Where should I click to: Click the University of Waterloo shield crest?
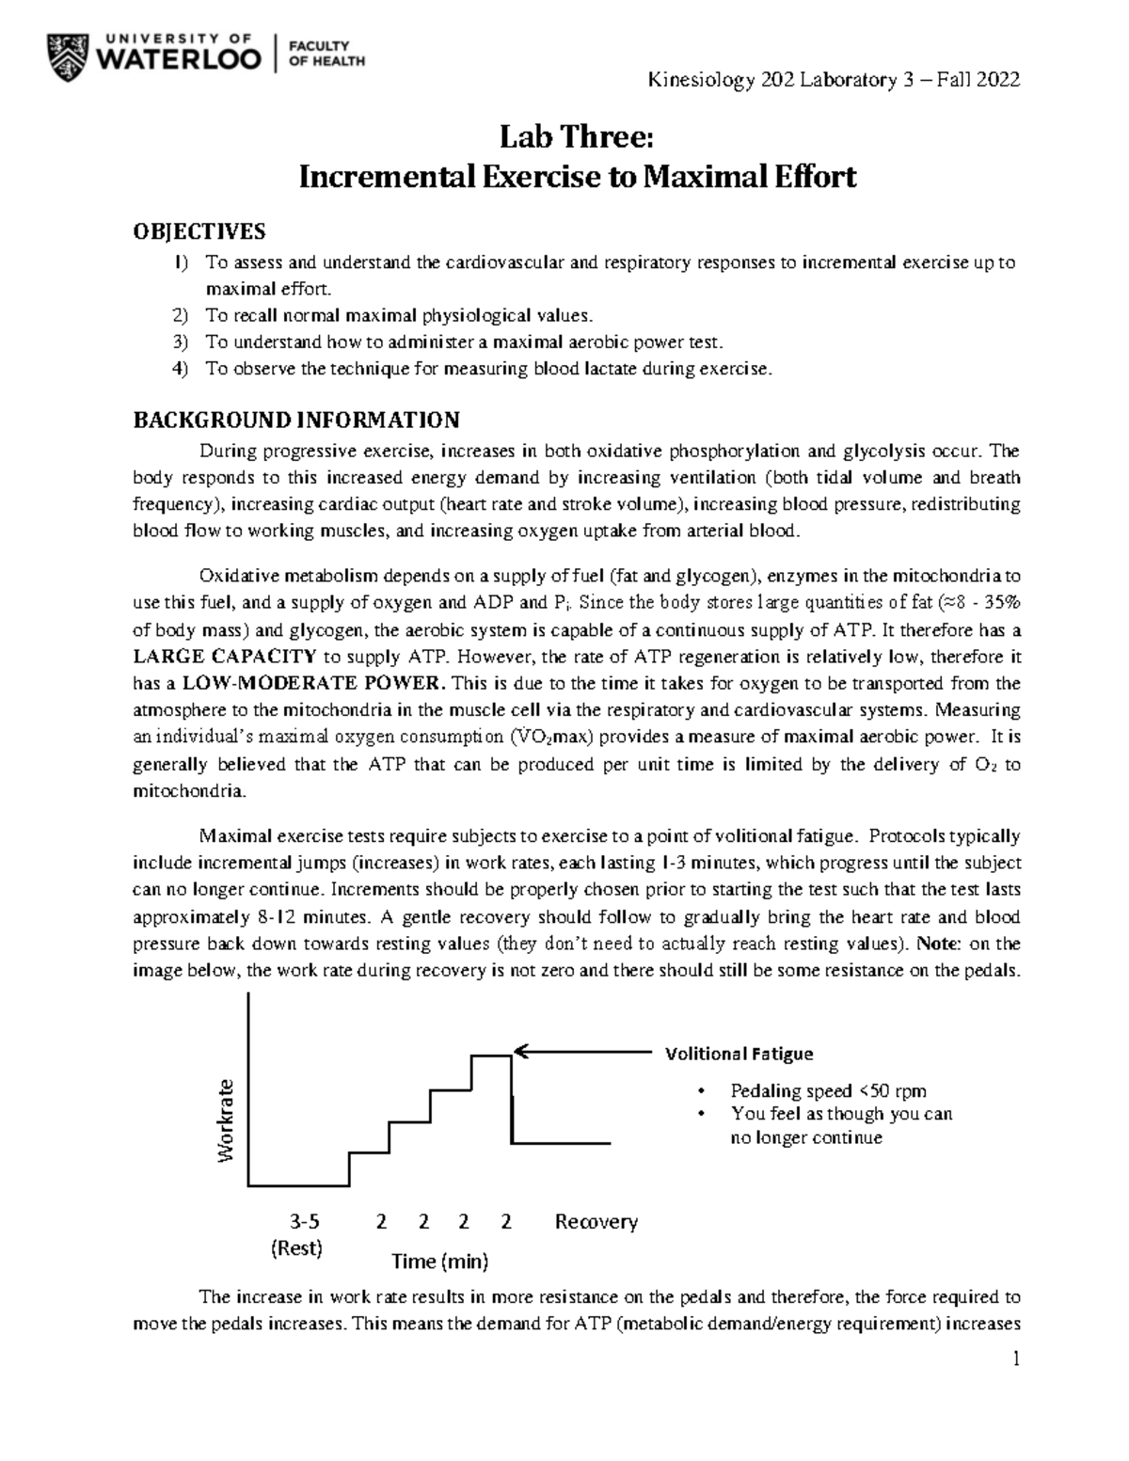point(67,54)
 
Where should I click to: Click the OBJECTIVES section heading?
point(199,231)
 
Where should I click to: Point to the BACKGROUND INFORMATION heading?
point(296,419)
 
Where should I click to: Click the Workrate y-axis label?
point(226,1120)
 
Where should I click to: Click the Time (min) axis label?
point(440,1261)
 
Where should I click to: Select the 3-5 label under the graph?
point(304,1222)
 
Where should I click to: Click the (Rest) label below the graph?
point(296,1249)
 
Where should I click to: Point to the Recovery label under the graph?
point(596,1222)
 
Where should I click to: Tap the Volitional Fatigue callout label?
point(739,1054)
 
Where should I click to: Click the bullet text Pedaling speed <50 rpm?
point(828,1091)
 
